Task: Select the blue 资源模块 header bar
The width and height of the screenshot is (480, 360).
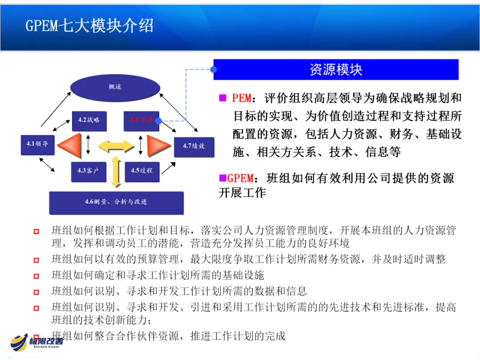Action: pyautogui.click(x=336, y=70)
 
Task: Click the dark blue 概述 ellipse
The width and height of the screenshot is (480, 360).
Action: pyautogui.click(x=115, y=87)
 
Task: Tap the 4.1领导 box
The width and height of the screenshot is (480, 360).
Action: pyautogui.click(x=38, y=144)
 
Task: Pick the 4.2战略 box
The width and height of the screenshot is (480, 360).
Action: pyautogui.click(x=89, y=120)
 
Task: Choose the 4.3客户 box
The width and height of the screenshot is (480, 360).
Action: pyautogui.click(x=88, y=171)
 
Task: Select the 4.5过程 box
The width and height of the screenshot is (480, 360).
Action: pyautogui.click(x=141, y=171)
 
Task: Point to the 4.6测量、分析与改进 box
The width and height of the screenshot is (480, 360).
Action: pyautogui.click(x=116, y=202)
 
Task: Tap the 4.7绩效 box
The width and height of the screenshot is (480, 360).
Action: pyautogui.click(x=194, y=146)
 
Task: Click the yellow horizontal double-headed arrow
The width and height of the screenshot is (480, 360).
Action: pyautogui.click(x=116, y=145)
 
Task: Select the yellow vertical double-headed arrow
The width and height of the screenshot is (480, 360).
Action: pyautogui.click(x=116, y=171)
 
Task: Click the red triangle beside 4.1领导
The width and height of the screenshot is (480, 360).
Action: pyautogui.click(x=69, y=145)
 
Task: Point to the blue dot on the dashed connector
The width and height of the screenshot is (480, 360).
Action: pyautogui.click(x=214, y=69)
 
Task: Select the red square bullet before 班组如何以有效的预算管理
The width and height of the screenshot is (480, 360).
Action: pyautogui.click(x=36, y=260)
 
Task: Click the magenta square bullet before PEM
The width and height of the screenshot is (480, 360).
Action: pyautogui.click(x=222, y=98)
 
